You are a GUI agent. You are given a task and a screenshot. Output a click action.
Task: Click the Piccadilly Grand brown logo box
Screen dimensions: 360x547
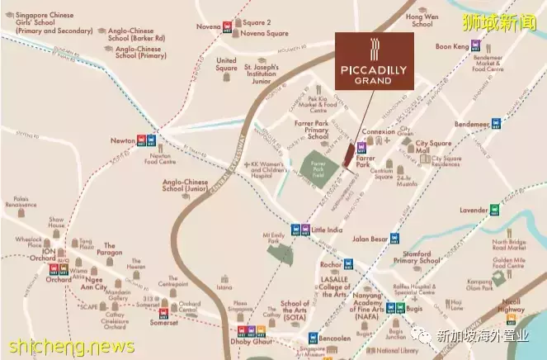[x=370, y=59]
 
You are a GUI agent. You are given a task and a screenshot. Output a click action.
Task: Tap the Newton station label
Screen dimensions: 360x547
[x=122, y=141]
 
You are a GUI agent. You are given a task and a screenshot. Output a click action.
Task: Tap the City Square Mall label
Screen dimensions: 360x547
[x=433, y=147]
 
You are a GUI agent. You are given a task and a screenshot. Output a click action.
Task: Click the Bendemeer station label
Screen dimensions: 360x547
[x=468, y=124]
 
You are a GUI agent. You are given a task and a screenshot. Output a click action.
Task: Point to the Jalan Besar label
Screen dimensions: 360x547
[x=370, y=239]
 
